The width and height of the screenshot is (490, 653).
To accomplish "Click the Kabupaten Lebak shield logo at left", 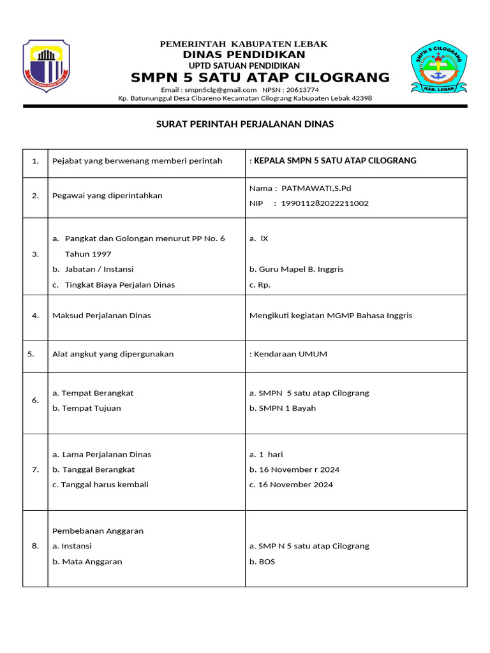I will (47, 66).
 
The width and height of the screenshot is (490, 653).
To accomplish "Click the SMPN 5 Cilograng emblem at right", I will (438, 66).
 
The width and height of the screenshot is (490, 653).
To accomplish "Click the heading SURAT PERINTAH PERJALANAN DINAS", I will (245, 124).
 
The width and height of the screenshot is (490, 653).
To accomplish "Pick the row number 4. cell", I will (35, 316).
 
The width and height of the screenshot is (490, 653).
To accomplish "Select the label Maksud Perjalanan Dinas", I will (101, 316).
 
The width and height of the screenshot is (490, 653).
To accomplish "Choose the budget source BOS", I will (267, 562).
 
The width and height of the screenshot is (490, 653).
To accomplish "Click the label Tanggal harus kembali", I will (105, 485).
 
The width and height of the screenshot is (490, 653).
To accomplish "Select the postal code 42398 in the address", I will (361, 98).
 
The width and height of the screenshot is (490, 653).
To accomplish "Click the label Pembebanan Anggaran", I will (98, 531).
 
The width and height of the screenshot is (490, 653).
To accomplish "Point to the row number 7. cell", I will (35, 469).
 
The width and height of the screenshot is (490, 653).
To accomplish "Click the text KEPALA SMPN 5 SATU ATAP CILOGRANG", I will (335, 161).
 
